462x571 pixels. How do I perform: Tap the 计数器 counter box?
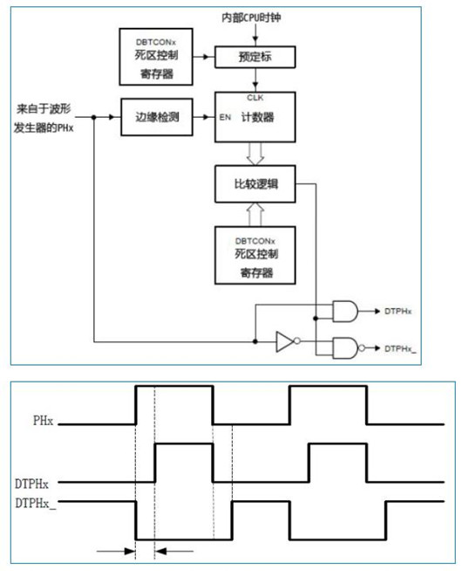tap(255, 117)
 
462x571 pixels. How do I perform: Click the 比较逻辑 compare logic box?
tap(255, 185)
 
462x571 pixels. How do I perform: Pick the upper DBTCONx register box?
tap(156, 54)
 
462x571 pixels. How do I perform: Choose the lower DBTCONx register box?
tap(255, 257)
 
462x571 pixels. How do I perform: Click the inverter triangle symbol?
tap(283, 341)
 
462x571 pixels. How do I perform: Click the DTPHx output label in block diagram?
tap(398, 311)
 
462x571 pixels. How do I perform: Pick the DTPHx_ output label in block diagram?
tap(401, 348)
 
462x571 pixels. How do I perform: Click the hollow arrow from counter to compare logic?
tap(255, 154)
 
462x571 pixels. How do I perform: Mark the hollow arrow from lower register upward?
tap(255, 215)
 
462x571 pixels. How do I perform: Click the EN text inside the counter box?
tap(227, 116)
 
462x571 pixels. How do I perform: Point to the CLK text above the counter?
tap(255, 98)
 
